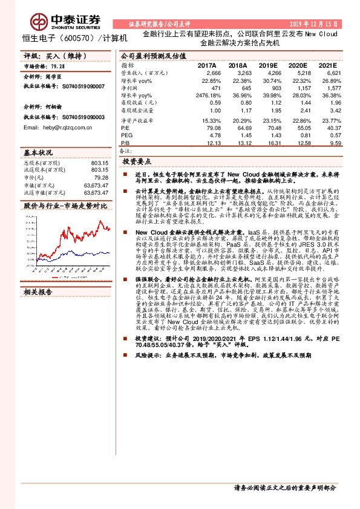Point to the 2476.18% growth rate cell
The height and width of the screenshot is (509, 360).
point(208,96)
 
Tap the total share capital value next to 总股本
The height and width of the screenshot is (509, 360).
point(97,163)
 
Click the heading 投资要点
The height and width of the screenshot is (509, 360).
point(137,163)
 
